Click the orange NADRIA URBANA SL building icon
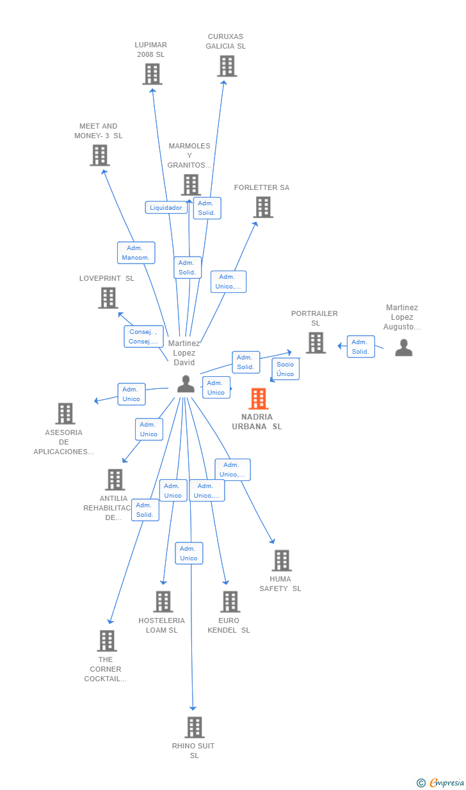258,399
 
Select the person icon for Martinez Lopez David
186,384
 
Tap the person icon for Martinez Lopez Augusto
403,347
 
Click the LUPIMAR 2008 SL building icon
152,74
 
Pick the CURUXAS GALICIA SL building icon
227,66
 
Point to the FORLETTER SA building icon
262,207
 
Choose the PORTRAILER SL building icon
315,343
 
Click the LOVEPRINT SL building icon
108,298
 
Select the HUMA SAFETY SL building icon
281,560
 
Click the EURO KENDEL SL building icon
230,601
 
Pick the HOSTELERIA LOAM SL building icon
163,601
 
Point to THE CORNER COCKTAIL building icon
106,640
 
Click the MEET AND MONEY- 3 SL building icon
99,155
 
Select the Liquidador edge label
166,207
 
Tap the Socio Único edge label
285,369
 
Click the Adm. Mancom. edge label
136,253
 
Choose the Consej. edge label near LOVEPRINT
143,336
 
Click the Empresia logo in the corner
441,782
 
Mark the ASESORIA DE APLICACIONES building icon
65,414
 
